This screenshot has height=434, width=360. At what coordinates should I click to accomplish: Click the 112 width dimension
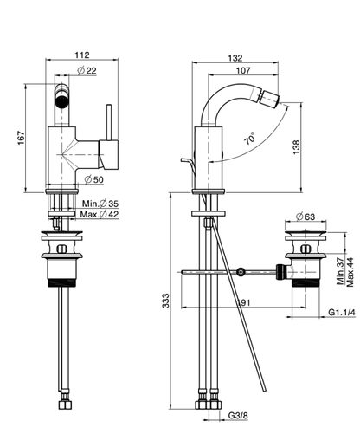(82, 55)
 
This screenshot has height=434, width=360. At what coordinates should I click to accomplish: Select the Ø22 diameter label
(87, 70)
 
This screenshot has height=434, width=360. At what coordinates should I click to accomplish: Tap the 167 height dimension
(21, 138)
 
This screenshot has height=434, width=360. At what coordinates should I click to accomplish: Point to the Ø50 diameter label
(93, 179)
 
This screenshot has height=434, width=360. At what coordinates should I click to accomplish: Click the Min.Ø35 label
(100, 204)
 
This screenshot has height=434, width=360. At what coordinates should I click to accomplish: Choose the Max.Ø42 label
(100, 214)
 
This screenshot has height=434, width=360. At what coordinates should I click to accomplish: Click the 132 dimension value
(235, 58)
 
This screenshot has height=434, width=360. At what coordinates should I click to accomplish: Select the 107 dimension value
(243, 70)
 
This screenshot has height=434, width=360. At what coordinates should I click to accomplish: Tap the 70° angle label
(250, 138)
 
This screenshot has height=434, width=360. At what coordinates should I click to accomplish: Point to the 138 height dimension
(296, 147)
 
